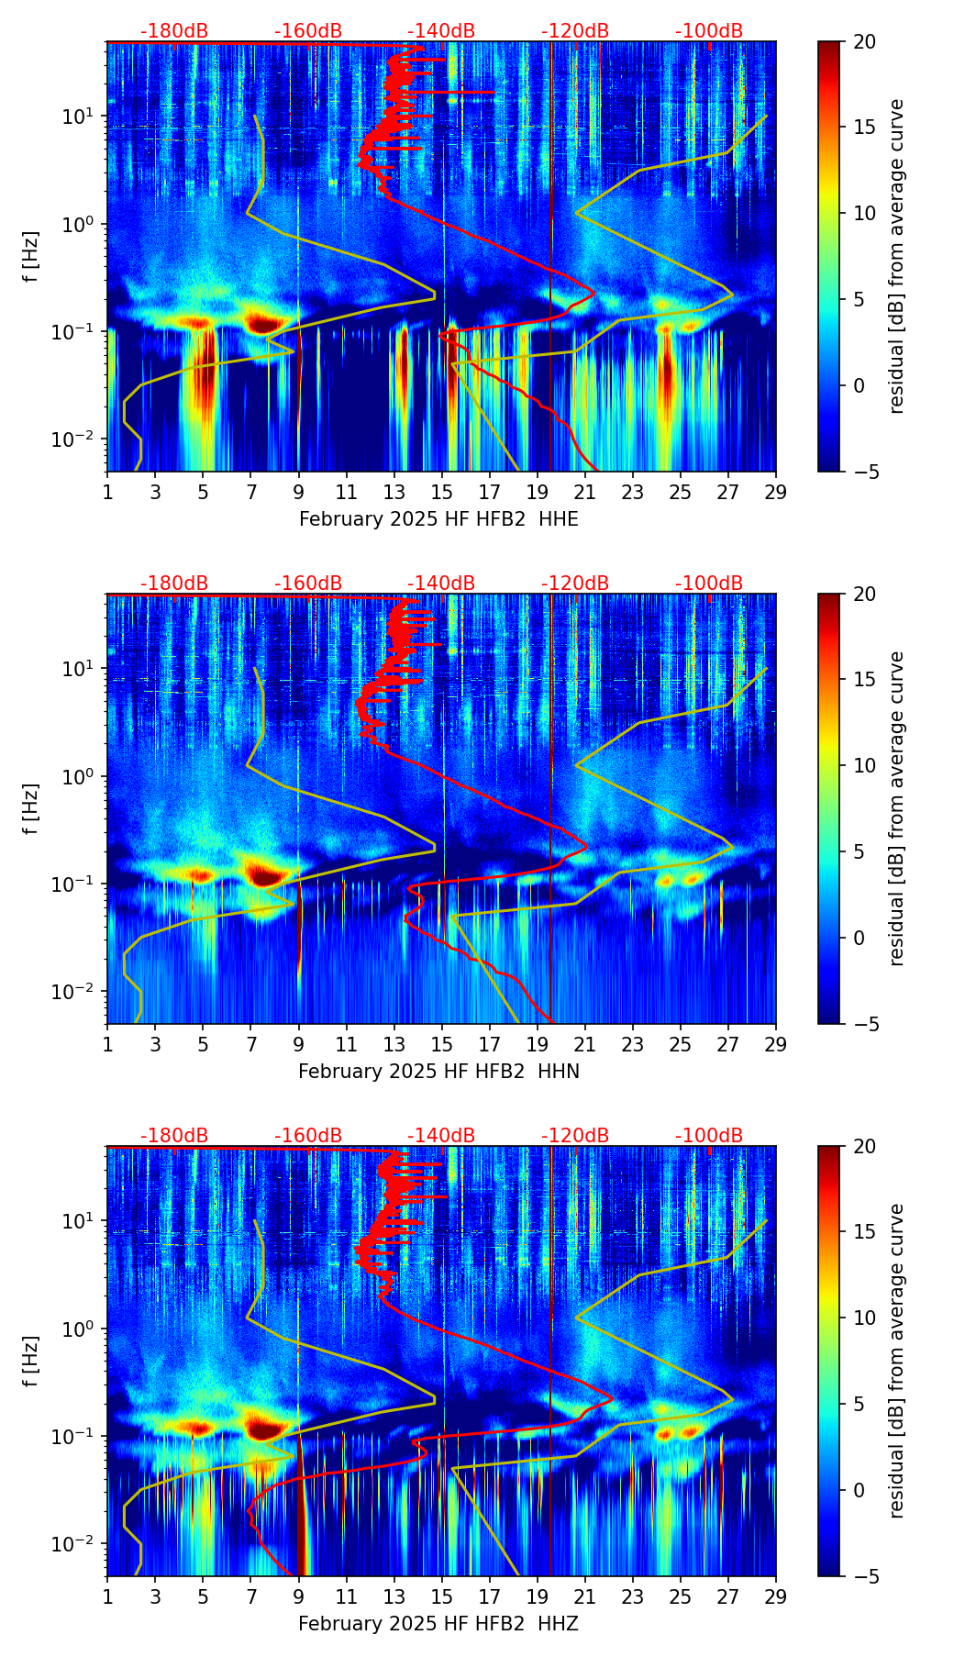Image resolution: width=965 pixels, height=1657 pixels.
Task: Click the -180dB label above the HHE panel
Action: click(174, 31)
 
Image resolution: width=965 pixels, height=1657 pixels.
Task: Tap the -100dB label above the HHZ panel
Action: click(709, 1136)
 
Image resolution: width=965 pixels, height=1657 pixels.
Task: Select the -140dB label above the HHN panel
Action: click(441, 584)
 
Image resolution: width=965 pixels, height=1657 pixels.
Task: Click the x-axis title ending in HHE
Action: click(438, 519)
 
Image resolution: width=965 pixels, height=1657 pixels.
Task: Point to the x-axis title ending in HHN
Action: click(438, 1072)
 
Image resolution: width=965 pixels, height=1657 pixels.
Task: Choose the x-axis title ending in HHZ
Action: click(438, 1624)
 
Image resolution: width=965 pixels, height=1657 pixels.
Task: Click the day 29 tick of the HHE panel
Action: click(775, 492)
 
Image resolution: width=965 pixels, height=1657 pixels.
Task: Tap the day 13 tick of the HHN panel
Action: click(394, 1044)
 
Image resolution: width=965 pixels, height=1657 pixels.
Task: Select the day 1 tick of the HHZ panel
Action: click(107, 1596)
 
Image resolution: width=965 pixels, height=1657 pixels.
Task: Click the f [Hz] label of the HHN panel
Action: click(31, 808)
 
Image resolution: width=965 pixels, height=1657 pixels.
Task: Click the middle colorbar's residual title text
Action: click(897, 808)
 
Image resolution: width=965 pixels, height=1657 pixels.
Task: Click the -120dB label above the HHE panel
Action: click(575, 31)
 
